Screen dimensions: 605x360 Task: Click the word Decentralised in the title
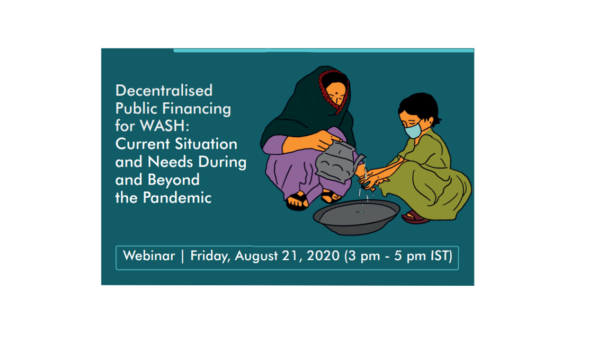pos(164,90)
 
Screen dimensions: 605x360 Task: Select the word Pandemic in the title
pos(177,197)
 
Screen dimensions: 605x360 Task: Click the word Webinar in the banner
pos(149,256)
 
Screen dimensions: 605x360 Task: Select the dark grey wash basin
pos(356,217)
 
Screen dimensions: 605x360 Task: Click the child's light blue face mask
pos(413,130)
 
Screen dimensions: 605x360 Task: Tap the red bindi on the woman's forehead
pos(337,94)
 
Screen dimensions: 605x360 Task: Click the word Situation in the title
pos(206,144)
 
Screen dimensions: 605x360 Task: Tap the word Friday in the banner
pos(210,256)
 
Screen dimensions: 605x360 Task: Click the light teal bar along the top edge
pos(323,50)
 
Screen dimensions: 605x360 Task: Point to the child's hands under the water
pos(373,180)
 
